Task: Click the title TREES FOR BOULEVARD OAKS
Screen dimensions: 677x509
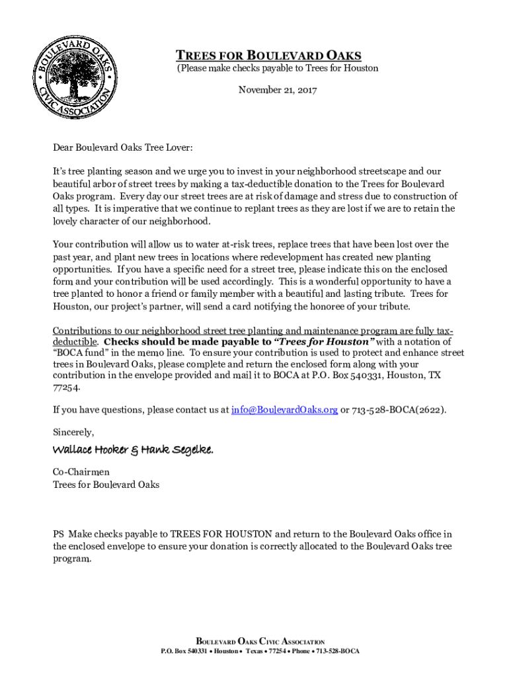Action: (x=268, y=56)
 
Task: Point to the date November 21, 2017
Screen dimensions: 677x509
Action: (x=278, y=89)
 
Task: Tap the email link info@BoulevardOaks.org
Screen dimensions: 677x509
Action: (x=284, y=410)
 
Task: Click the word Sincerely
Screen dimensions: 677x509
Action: (x=73, y=432)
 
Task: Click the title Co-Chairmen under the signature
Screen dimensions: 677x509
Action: (x=81, y=471)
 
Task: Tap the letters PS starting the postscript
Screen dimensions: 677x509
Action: (x=59, y=534)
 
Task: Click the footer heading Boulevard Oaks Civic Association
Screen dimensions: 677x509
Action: (x=260, y=641)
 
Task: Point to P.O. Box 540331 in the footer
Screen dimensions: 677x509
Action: (x=184, y=651)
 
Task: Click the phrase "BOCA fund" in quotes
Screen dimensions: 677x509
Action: (x=81, y=353)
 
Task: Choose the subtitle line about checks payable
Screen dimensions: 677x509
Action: (x=277, y=68)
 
